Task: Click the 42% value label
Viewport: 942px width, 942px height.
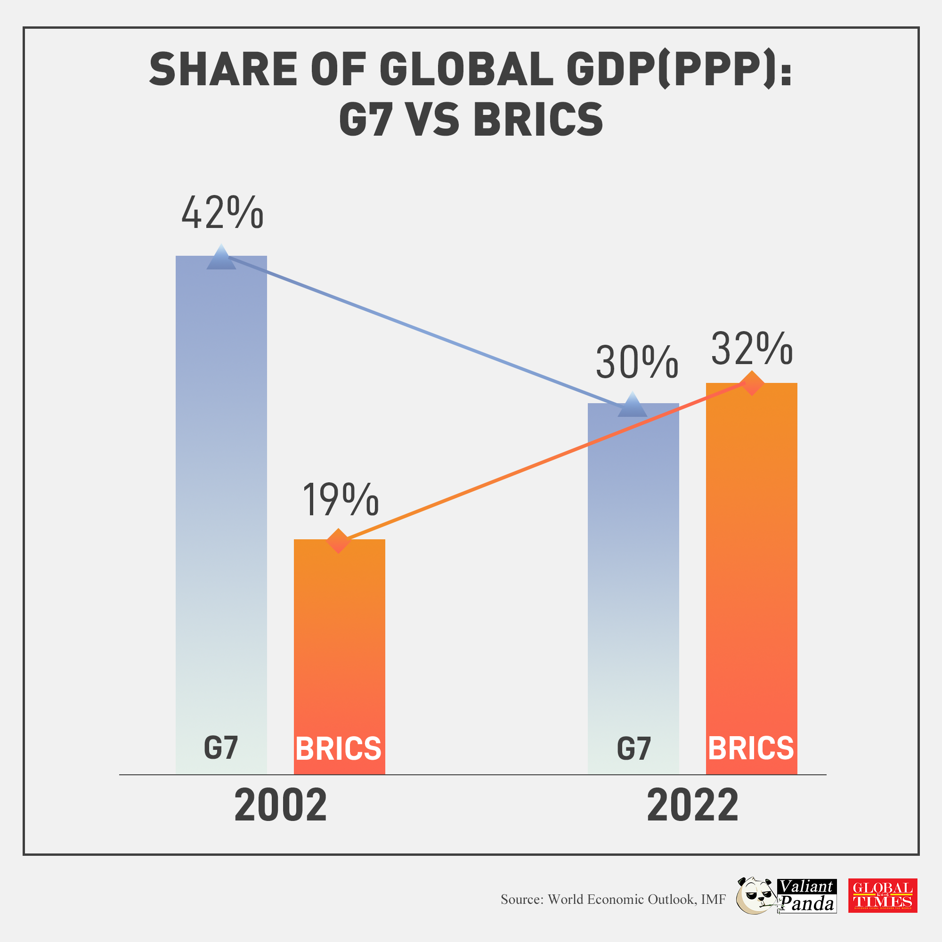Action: point(222,213)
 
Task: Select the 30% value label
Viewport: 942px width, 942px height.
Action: point(637,362)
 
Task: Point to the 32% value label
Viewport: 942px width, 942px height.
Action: point(752,349)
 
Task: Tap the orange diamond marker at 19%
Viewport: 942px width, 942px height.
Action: point(338,541)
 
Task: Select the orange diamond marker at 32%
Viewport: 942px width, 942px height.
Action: point(752,383)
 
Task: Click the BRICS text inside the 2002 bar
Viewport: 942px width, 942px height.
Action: point(338,748)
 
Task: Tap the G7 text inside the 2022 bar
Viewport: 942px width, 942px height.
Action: point(633,748)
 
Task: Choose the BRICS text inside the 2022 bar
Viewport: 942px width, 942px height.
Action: point(751,748)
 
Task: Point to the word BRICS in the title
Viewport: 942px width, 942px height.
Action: point(538,120)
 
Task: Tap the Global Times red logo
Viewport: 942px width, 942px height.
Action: point(883,895)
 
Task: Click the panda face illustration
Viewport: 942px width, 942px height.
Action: point(755,896)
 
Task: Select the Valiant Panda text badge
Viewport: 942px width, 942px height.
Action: point(807,896)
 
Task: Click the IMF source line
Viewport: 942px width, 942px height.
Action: point(613,899)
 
